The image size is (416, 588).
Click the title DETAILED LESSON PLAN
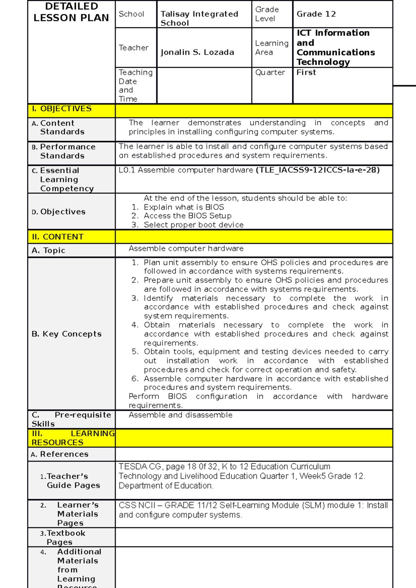coord(71,12)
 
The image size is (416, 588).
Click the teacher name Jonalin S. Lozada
coord(197,52)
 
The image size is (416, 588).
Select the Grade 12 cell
coord(316,14)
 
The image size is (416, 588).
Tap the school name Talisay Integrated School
coord(199,18)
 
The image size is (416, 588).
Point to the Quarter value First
coord(306,72)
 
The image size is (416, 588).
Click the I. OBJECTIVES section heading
coord(61,109)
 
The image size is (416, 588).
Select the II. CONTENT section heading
coord(58,237)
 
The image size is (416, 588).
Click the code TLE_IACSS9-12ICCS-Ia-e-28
coord(318,170)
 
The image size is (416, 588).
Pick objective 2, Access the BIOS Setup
coord(187,216)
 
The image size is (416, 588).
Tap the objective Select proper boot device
coord(193,225)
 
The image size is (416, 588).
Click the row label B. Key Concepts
coord(67,334)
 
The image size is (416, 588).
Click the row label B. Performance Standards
coord(63,151)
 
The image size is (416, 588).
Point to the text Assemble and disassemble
coord(180,415)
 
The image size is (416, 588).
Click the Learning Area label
coord(271,47)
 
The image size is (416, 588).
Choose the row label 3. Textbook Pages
coord(62,537)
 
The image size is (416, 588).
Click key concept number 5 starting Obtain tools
coord(266,360)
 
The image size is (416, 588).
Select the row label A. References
coord(60,454)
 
